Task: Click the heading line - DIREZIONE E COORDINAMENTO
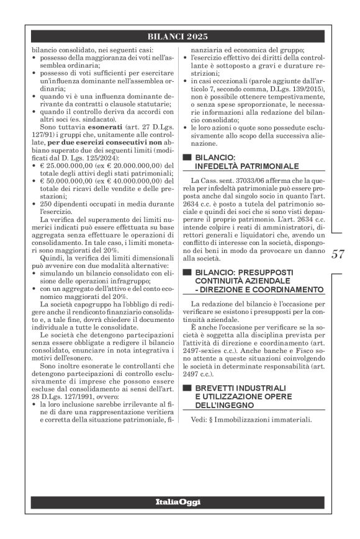coord(256,289)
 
